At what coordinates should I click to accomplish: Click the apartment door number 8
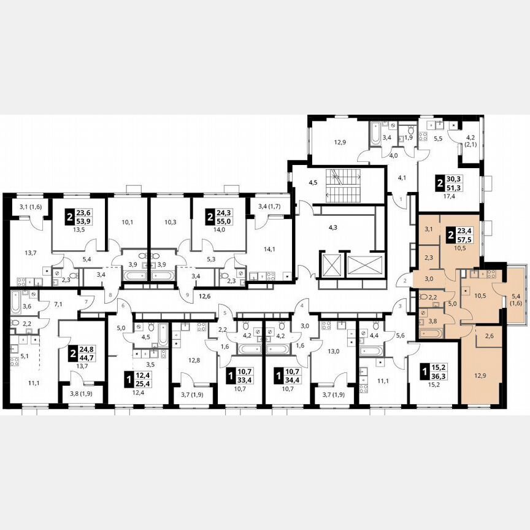click(110, 295)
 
